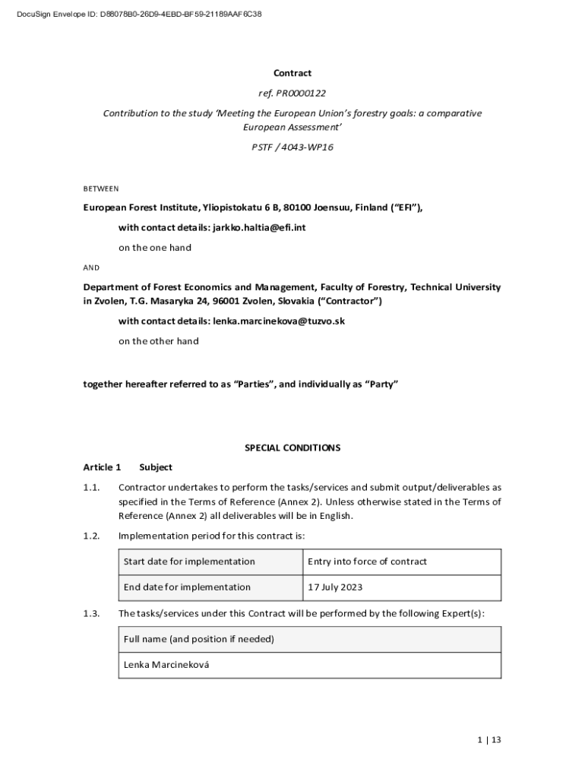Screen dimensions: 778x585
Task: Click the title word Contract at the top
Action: (292, 73)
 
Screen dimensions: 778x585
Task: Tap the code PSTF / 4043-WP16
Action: (292, 147)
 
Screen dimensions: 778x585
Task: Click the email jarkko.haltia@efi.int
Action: (259, 227)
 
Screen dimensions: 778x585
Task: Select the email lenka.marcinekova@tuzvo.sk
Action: (279, 321)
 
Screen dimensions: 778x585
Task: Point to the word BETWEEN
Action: (100, 188)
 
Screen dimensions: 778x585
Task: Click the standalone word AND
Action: (91, 268)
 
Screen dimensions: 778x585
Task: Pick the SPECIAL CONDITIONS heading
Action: (292, 448)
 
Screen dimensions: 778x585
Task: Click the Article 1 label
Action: (102, 467)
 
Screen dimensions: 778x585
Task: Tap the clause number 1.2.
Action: (92, 536)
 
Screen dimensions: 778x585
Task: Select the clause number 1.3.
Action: (92, 613)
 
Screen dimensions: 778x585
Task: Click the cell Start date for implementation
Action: (189, 561)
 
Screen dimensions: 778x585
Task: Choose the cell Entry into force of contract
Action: (367, 561)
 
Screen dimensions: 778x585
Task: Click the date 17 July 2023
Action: (335, 587)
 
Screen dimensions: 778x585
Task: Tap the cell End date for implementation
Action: (187, 587)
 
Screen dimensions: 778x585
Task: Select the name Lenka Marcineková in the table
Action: (166, 665)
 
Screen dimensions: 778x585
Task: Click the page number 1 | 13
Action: (489, 740)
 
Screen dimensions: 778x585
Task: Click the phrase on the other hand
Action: (158, 341)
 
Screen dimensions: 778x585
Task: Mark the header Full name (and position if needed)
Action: (199, 639)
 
